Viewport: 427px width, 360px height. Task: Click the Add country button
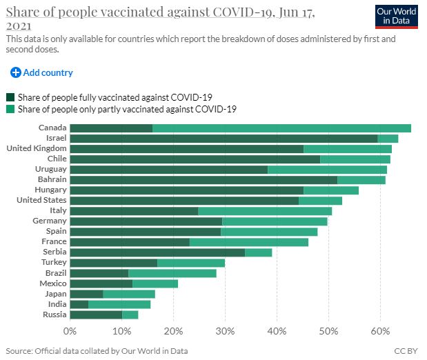coord(41,72)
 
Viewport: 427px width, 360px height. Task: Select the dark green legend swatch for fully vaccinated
coord(10,97)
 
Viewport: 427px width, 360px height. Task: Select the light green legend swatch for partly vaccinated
coord(10,109)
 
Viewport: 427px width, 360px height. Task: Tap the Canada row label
coord(52,128)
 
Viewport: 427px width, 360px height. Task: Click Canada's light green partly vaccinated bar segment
coord(281,128)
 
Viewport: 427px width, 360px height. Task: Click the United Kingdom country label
coord(37,148)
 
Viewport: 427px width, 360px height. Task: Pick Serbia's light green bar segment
coord(259,252)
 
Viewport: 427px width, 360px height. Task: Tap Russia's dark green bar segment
coord(96,314)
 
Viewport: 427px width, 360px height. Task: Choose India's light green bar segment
coord(119,304)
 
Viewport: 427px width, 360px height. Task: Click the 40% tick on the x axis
coord(277,331)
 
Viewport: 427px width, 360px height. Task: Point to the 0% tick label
coord(70,331)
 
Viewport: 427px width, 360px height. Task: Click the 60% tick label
coord(380,331)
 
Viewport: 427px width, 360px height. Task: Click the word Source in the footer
coord(19,351)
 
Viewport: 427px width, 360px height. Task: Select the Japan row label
coord(55,294)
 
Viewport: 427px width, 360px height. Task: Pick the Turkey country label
coord(54,263)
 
